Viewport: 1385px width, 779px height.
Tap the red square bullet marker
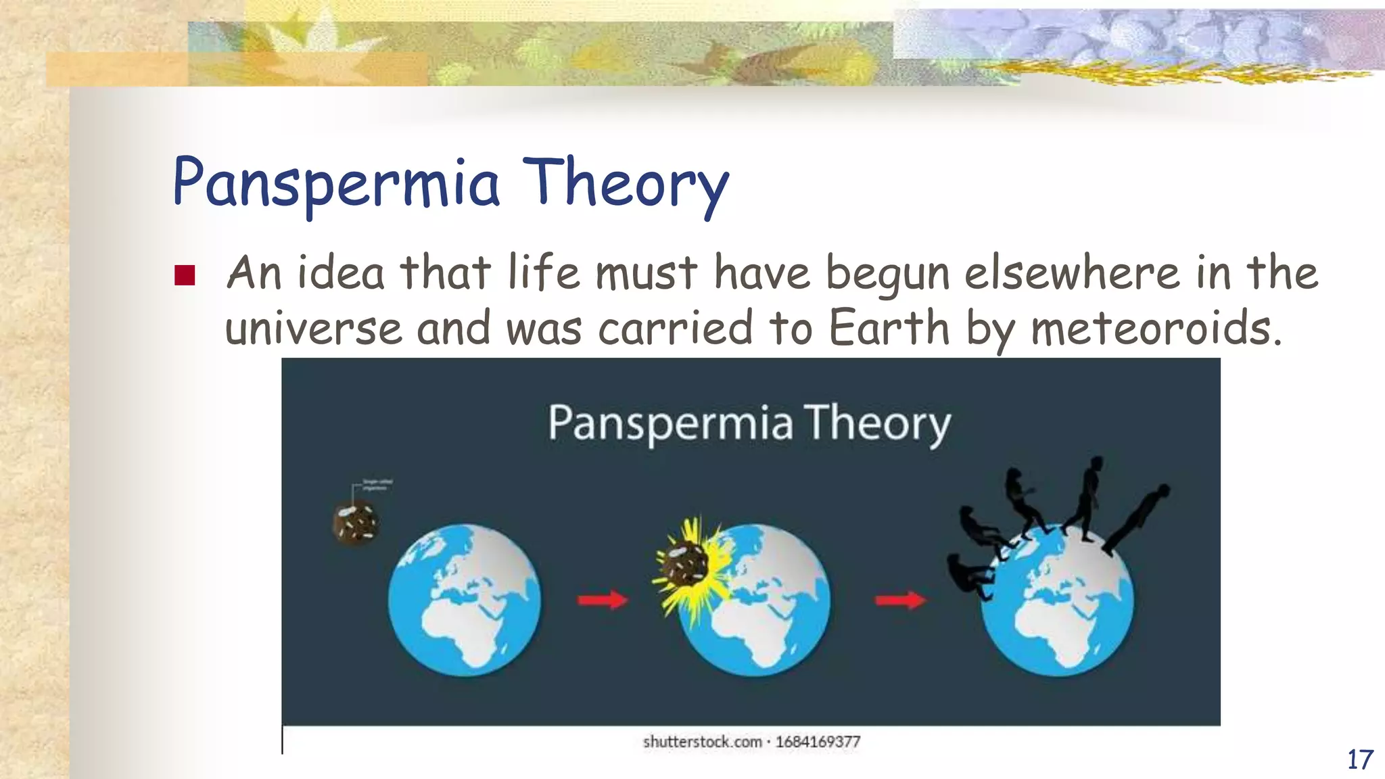185,275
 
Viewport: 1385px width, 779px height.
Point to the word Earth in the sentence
889,327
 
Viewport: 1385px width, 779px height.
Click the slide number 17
1360,759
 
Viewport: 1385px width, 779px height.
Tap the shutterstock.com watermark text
702,742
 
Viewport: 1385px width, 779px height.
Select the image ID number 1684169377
818,742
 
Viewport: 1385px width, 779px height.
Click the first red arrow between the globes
602,599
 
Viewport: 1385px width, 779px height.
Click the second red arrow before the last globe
900,599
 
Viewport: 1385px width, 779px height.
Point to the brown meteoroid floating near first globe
356,522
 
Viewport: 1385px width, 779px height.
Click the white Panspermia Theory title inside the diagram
749,423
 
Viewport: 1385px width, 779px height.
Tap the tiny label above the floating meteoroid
377,484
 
